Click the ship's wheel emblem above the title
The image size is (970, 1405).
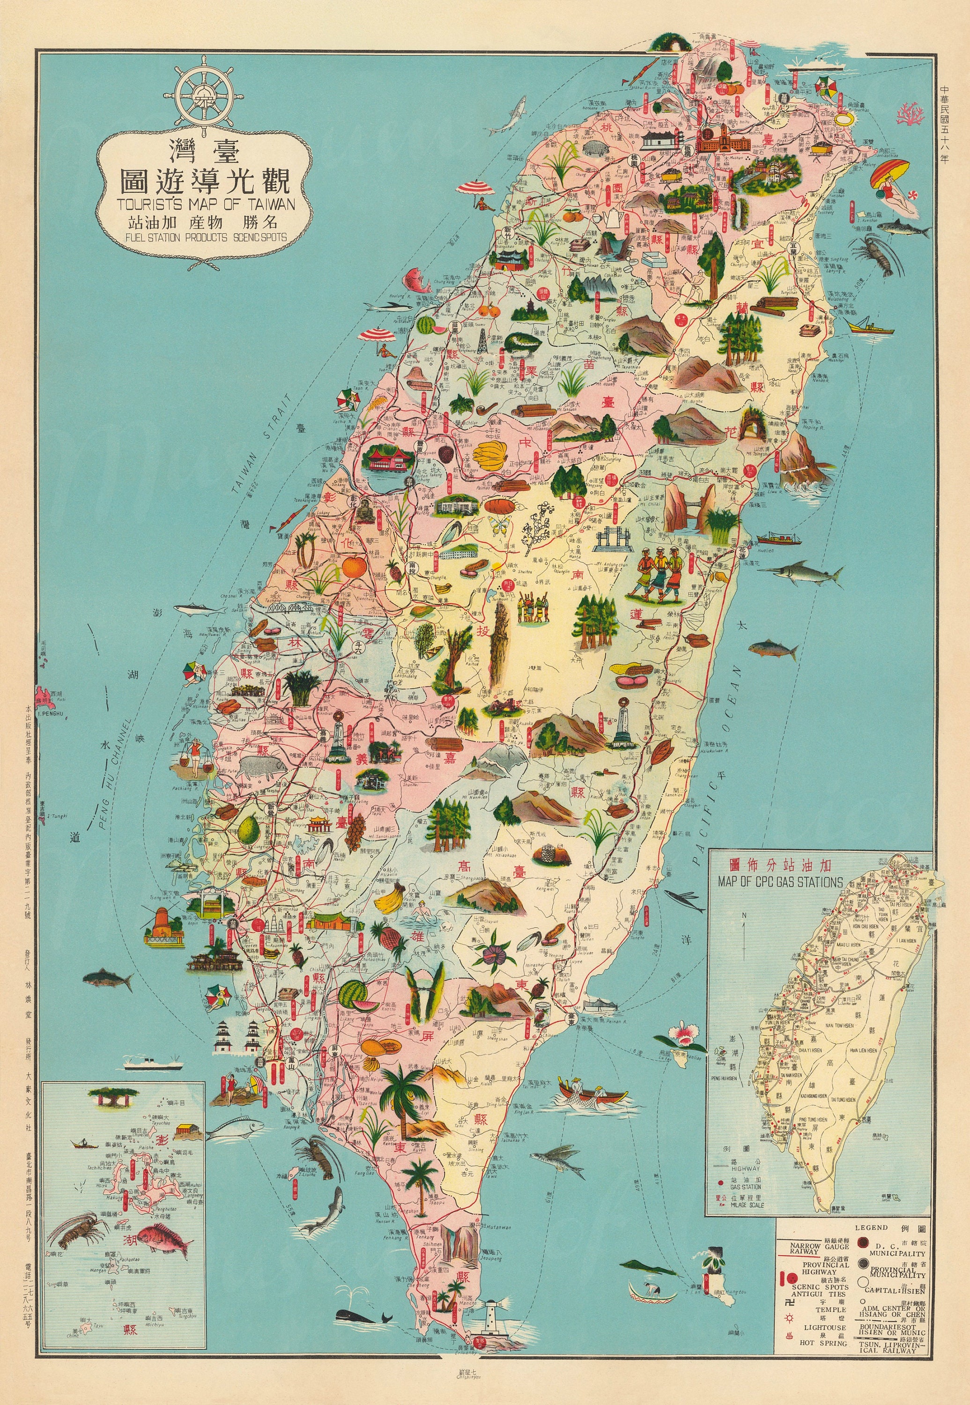[203, 94]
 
